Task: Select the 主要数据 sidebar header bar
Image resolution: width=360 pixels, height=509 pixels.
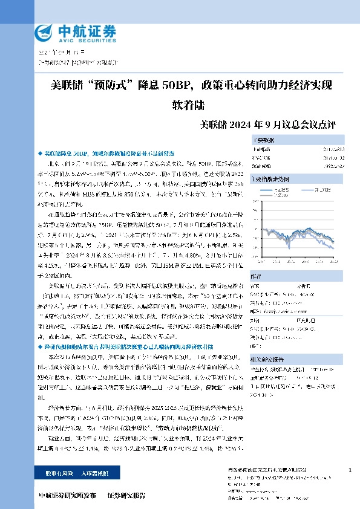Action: [x=302, y=140]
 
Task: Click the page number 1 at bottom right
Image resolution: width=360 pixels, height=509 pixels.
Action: [x=350, y=470]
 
